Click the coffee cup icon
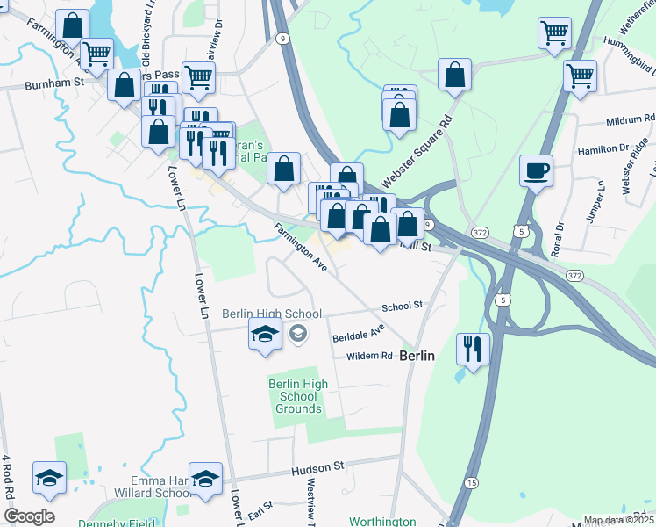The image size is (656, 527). point(536,170)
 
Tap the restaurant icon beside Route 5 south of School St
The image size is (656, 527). point(473,349)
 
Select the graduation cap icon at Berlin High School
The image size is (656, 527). point(265,335)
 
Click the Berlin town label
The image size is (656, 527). point(417,357)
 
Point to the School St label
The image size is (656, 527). point(403,306)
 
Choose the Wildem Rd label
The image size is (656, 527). point(369,356)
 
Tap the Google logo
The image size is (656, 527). point(29,516)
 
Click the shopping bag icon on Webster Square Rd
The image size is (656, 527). point(455,76)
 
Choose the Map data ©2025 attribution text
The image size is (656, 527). point(618,520)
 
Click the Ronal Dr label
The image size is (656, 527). point(558,239)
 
